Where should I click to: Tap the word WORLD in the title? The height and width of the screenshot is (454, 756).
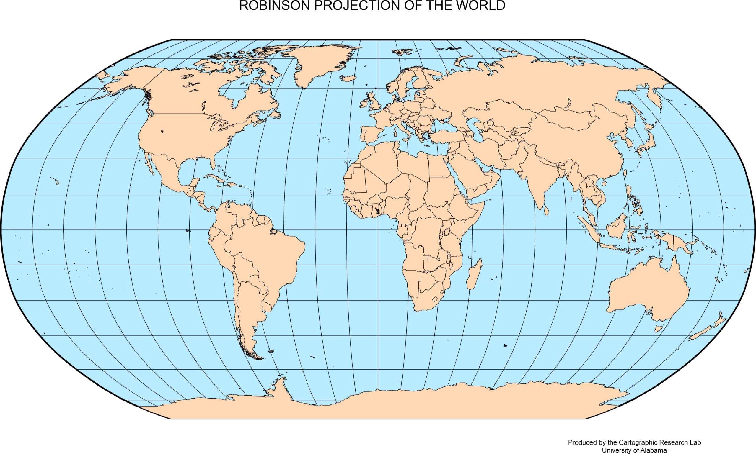click(480, 6)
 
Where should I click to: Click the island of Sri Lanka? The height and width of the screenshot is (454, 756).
click(547, 210)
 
